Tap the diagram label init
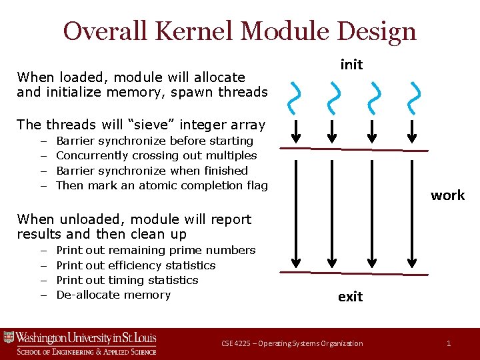351,64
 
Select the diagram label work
447,195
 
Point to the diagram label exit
351,297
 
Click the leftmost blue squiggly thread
293,97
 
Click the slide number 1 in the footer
449,343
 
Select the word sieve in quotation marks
157,125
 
